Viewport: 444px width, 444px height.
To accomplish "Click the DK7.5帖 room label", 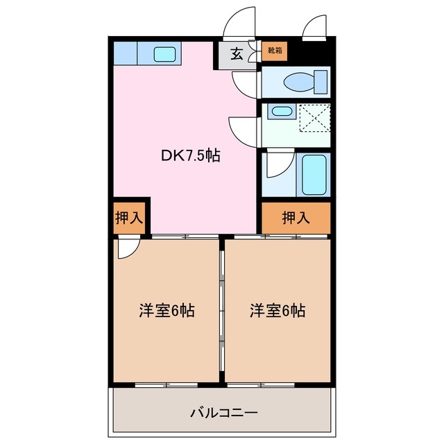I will click(x=190, y=156).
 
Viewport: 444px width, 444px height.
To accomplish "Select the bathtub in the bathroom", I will click(x=316, y=174).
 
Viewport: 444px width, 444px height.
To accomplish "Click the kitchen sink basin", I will click(x=165, y=53).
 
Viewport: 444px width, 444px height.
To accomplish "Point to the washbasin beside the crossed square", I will click(x=281, y=111).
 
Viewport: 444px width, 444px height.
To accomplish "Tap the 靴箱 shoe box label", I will click(x=275, y=51).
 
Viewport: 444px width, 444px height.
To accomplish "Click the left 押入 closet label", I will click(x=128, y=217).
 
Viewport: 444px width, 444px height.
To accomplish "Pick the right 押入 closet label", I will click(x=296, y=218).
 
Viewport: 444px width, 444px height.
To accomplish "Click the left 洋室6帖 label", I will click(x=166, y=311).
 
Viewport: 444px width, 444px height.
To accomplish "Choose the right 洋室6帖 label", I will click(x=277, y=311).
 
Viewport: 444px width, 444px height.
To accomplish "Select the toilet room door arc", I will click(x=246, y=83).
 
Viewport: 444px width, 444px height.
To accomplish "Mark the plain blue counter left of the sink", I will click(x=126, y=53).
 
